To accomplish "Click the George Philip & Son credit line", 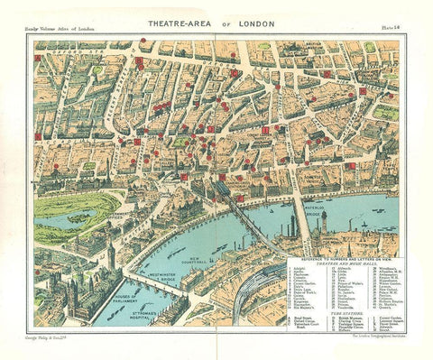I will pyautogui.click(x=57, y=335).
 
